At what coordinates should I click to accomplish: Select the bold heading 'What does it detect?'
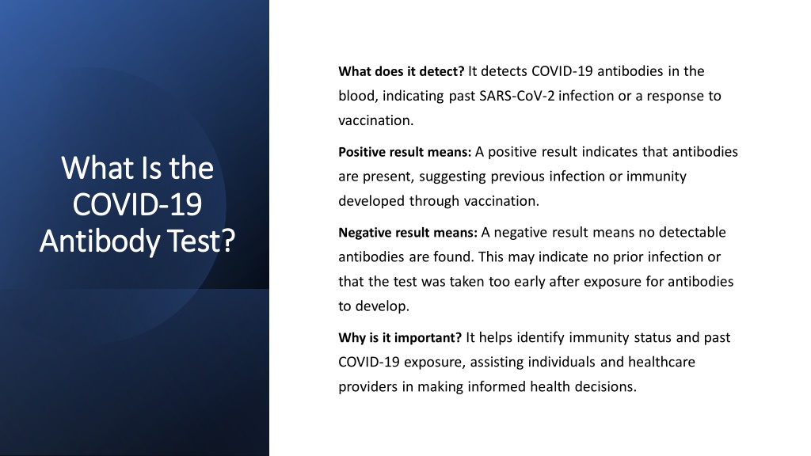point(402,71)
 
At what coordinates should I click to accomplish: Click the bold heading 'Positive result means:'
point(405,152)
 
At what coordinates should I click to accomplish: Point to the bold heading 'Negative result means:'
point(408,233)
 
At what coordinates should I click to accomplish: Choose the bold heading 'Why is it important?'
point(400,338)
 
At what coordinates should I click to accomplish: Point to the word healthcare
point(661,362)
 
